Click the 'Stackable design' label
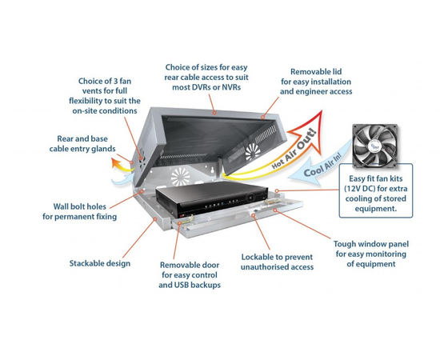coord(100,263)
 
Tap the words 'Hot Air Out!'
coord(294,149)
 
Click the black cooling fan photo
coord(375,146)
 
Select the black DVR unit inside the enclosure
coord(210,198)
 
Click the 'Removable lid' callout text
coord(316,82)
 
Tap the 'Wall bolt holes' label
coord(79,211)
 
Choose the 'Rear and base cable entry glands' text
coord(82,144)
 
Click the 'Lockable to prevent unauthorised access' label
coord(278,262)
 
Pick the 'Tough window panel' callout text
coord(371,254)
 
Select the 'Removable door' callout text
coord(190,275)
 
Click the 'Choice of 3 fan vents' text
coord(104,96)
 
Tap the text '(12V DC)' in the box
coord(360,189)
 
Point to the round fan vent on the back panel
coord(180,178)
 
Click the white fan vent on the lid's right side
coord(253,152)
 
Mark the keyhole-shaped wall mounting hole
coord(213,170)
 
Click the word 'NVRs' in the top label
coord(231,87)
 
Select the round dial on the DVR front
coord(249,198)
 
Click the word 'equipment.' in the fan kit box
coord(376,209)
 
